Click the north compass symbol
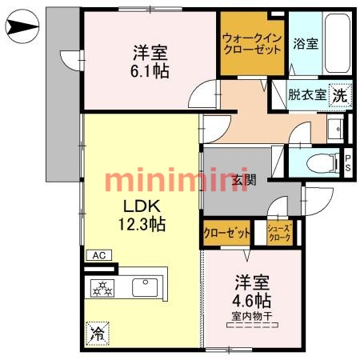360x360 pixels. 20,30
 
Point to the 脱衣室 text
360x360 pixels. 307,94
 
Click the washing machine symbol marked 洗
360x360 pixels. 339,94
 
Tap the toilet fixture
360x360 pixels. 325,161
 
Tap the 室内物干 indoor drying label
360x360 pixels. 252,317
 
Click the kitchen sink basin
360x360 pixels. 145,285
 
